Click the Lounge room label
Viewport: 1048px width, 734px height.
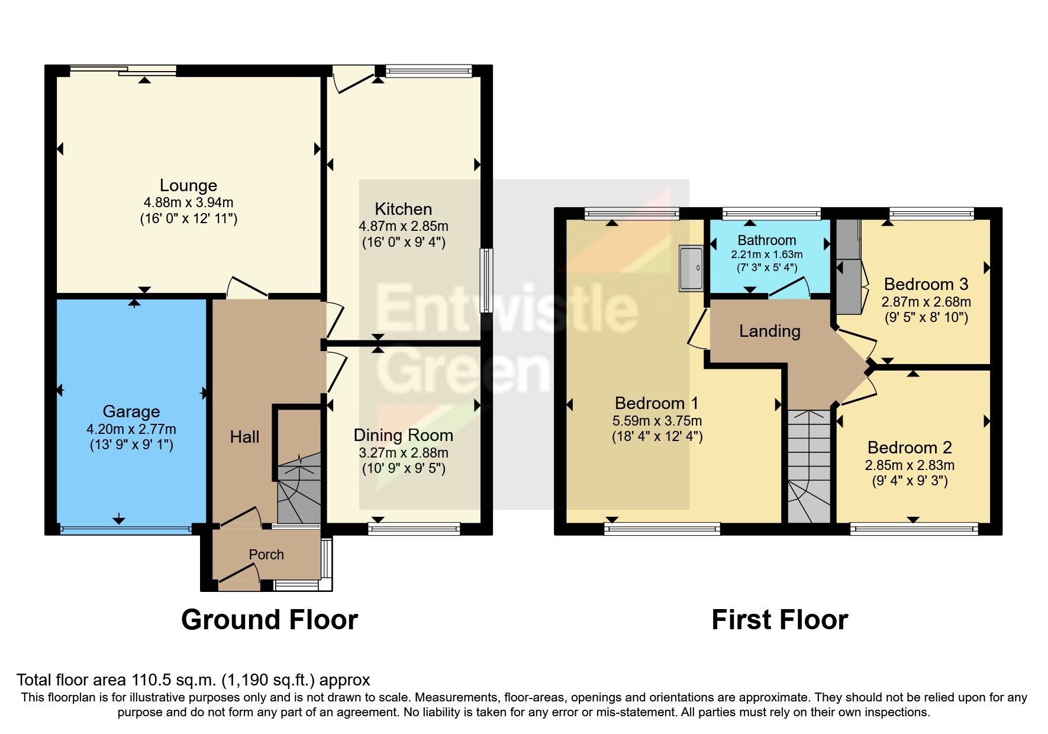coord(188,185)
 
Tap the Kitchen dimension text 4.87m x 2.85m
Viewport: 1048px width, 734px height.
coord(403,226)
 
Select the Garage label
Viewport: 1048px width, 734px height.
coord(131,411)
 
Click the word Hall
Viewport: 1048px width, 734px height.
coord(244,437)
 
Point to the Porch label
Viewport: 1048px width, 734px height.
coord(266,555)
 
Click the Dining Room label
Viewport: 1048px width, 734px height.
coord(403,435)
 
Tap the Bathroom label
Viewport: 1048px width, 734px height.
coord(766,240)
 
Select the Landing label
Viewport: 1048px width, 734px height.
coord(769,331)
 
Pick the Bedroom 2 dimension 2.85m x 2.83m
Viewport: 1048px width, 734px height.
coord(910,465)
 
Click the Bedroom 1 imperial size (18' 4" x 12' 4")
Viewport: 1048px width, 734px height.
coord(657,437)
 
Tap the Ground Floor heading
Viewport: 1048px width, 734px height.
coord(269,620)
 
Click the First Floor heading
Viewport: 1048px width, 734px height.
coord(779,620)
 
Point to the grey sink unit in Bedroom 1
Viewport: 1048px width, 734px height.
coord(691,268)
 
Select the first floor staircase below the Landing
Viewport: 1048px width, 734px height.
coord(808,468)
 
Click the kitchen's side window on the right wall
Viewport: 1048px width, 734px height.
coord(486,280)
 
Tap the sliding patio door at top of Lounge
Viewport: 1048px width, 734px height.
coord(123,71)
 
